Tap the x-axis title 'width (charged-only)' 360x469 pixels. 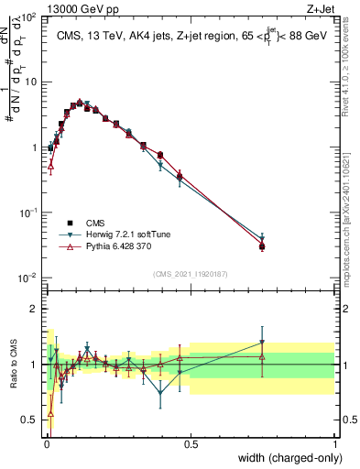[285, 457]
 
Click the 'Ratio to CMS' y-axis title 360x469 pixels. [12, 365]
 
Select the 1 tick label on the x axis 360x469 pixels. [335, 443]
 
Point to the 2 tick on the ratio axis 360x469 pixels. [35, 309]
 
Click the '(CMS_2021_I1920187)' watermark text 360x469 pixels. [190, 272]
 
